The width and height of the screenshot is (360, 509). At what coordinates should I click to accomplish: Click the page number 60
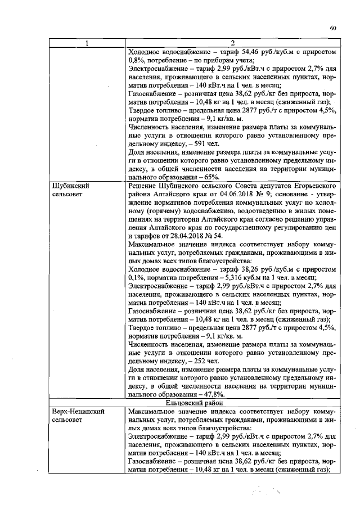(332, 28)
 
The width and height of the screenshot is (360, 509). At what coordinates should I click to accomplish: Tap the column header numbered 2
(232, 44)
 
